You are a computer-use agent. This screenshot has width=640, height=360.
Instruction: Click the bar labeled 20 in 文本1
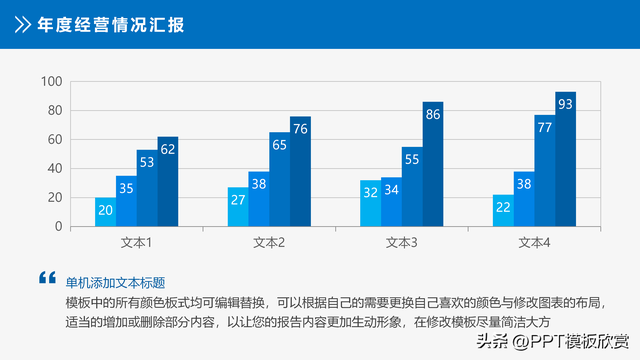(x=105, y=212)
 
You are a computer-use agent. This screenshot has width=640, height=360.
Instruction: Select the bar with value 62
(x=168, y=182)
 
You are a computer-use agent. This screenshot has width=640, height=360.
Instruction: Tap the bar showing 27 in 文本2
(x=238, y=207)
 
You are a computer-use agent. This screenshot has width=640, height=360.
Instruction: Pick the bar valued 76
(x=300, y=172)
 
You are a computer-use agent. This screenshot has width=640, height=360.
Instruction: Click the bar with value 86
(x=433, y=165)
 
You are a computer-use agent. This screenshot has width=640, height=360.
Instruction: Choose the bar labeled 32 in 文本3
(x=370, y=203)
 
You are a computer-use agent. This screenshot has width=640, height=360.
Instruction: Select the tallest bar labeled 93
(x=565, y=160)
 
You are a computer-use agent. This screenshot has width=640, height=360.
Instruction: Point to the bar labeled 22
(x=503, y=211)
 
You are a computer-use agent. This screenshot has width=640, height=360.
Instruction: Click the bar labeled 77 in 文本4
(x=544, y=171)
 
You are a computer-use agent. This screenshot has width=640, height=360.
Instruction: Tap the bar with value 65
(x=279, y=180)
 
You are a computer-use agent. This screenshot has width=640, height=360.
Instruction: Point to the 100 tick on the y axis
(x=52, y=82)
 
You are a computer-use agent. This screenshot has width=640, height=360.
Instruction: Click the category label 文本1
(x=136, y=243)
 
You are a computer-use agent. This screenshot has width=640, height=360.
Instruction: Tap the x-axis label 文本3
(x=401, y=243)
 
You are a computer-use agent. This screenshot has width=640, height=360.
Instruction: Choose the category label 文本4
(x=534, y=243)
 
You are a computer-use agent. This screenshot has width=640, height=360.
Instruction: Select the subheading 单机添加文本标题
(x=115, y=283)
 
